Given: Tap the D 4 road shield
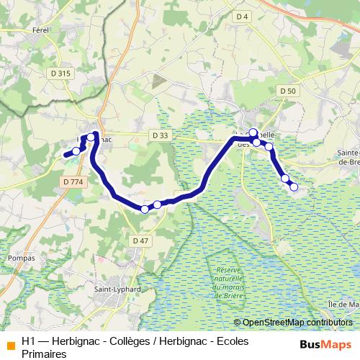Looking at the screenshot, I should tap(242, 16).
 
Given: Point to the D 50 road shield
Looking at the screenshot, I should tap(287, 90).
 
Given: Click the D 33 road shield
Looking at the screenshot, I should tap(161, 135).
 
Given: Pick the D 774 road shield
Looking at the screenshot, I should tap(73, 183).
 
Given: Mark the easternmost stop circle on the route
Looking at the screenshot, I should tap(293, 187).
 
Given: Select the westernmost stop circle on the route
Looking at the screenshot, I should tap(76, 150).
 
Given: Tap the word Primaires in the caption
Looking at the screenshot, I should tap(43, 354).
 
